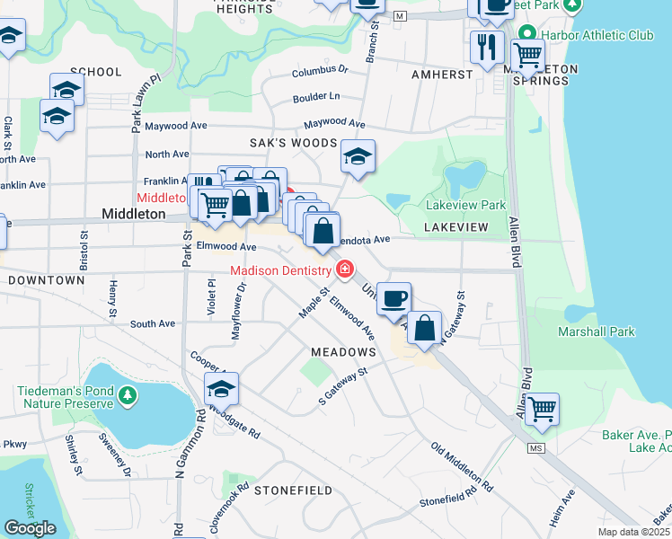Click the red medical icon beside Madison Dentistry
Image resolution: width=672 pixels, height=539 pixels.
[345, 269]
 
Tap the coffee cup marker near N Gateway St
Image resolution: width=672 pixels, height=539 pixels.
[393, 297]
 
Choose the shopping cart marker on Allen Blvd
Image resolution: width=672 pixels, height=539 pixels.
[541, 409]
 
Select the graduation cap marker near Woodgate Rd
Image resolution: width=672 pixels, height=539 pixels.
[220, 388]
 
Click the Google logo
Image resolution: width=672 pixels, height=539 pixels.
[30, 528]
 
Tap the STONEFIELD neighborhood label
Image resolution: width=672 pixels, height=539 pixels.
[293, 490]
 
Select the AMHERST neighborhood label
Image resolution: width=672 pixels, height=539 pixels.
[442, 75]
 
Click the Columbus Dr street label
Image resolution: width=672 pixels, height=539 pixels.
[320, 69]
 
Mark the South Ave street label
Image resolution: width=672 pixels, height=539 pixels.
[153, 323]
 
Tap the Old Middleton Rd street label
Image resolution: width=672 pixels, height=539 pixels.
[461, 466]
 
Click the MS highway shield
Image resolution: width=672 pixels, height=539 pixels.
[537, 447]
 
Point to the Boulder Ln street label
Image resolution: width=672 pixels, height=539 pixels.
[316, 96]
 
